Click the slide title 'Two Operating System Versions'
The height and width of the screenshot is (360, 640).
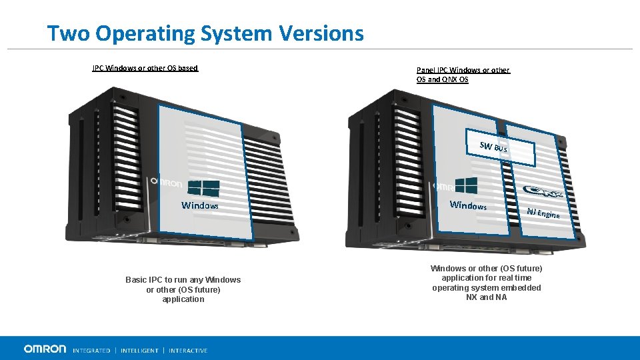click(205, 33)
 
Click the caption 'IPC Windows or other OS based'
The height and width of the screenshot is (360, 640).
click(145, 68)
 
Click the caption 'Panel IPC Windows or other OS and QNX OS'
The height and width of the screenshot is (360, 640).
click(463, 75)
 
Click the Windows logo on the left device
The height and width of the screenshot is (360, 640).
click(204, 188)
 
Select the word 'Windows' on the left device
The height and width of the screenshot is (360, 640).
click(200, 205)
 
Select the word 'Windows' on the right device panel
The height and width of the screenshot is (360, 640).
click(468, 205)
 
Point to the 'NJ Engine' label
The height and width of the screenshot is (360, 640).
click(543, 213)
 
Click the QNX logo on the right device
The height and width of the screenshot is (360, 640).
click(543, 193)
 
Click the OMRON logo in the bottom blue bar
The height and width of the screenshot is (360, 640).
click(45, 349)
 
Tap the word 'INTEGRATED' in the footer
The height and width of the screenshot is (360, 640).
click(91, 350)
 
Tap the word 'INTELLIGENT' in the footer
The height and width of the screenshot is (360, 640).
click(139, 350)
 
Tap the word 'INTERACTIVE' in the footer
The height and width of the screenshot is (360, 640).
click(188, 350)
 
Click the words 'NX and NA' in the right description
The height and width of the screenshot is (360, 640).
click(487, 297)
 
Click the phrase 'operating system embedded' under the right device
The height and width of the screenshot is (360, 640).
click(487, 288)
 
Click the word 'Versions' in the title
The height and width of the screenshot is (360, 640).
click(322, 33)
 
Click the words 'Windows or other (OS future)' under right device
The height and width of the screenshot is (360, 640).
click(487, 268)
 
